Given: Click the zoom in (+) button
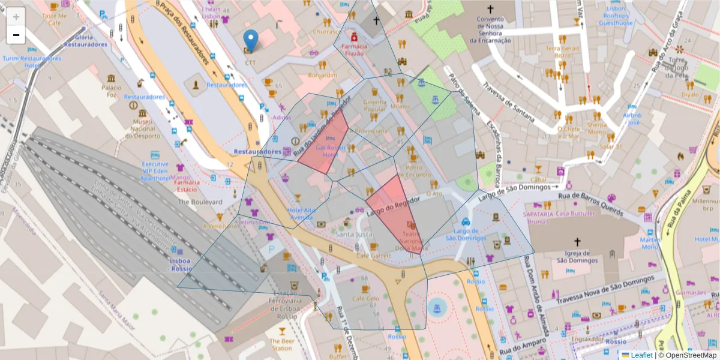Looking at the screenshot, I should pyautogui.click(x=16, y=17).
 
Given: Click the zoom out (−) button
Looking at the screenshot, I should pyautogui.click(x=16, y=35).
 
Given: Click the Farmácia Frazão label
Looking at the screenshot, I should pyautogui.click(x=353, y=49).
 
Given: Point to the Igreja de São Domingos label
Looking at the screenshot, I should pyautogui.click(x=577, y=257).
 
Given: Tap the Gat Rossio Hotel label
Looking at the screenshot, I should pyautogui.click(x=327, y=151).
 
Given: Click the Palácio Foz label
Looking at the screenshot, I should pyautogui.click(x=112, y=91).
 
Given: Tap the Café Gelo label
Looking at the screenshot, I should pyautogui.click(x=365, y=298).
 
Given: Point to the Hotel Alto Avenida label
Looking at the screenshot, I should pyautogui.click(x=301, y=214).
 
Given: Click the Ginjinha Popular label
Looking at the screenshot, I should pyautogui.click(x=374, y=106).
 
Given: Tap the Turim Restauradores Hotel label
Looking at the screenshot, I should pyautogui.click(x=32, y=62).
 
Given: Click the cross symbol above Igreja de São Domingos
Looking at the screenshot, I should pyautogui.click(x=577, y=242).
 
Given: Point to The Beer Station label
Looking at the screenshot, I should pyautogui.click(x=281, y=344).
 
